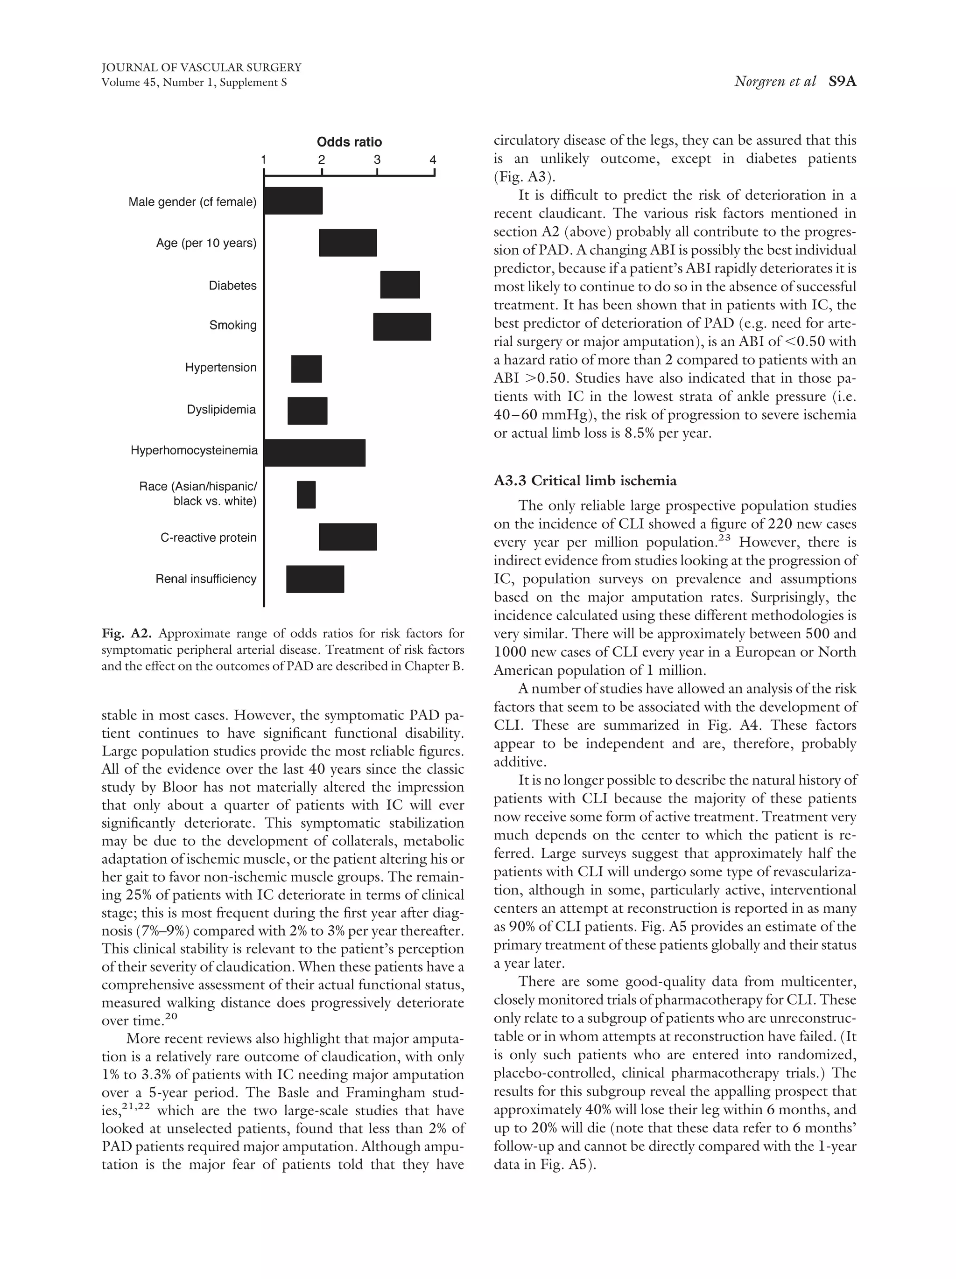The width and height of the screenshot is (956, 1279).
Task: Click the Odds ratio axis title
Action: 349,142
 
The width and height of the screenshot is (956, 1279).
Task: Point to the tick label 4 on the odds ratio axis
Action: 433,160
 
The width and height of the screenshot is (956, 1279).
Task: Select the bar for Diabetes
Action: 400,285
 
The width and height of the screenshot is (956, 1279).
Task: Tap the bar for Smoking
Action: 401,327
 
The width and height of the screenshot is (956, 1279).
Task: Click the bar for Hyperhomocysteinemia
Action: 315,453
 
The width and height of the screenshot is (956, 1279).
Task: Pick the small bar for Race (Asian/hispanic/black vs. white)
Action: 306,494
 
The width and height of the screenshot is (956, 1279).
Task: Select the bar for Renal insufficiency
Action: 315,579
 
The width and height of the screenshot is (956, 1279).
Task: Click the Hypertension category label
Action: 220,368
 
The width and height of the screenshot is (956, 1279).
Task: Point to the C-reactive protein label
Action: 208,538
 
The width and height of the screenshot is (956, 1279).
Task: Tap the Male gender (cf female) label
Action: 192,202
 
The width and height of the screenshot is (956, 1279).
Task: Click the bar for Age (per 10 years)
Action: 348,243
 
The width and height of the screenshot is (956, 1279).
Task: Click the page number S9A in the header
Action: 842,82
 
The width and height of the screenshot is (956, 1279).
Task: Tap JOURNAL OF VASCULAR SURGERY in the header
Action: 201,68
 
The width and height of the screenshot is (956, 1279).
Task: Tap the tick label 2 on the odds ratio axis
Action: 321,160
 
